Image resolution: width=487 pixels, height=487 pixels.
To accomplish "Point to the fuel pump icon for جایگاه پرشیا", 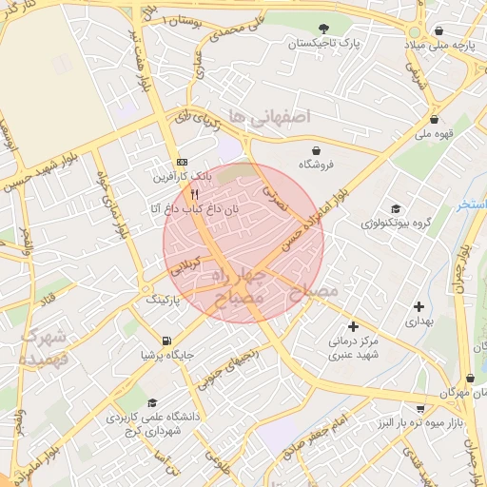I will click(x=167, y=340).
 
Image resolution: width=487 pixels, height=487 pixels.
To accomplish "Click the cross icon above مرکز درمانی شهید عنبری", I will click(x=354, y=325).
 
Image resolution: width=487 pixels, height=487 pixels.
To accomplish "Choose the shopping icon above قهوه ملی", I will click(x=435, y=120).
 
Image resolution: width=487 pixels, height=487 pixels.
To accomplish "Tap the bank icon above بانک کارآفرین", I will click(x=183, y=162).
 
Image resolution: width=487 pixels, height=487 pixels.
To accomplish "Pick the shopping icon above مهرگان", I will click(x=469, y=378).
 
